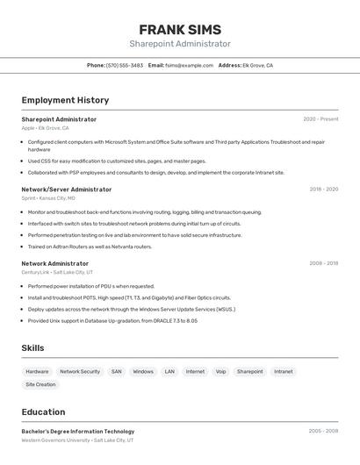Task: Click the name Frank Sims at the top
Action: pyautogui.click(x=180, y=29)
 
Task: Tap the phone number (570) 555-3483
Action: pyautogui.click(x=125, y=65)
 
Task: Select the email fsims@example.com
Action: pyautogui.click(x=190, y=65)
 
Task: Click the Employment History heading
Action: pyautogui.click(x=65, y=100)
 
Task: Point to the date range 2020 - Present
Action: pyautogui.click(x=320, y=118)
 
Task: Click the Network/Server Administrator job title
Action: pyautogui.click(x=67, y=189)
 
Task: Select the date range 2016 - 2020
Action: pyautogui.click(x=323, y=189)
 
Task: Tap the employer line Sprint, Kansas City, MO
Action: pyautogui.click(x=48, y=198)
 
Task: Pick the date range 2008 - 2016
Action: pyautogui.click(x=323, y=263)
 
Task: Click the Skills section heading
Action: pyautogui.click(x=32, y=348)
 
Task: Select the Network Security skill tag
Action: pyautogui.click(x=80, y=371)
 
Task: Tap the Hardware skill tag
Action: pyautogui.click(x=37, y=371)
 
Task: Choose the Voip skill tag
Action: pyautogui.click(x=220, y=371)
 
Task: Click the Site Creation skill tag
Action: pyautogui.click(x=40, y=384)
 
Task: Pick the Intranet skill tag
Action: pyautogui.click(x=283, y=371)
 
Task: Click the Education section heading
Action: pyautogui.click(x=43, y=411)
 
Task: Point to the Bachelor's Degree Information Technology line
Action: pyautogui.click(x=78, y=431)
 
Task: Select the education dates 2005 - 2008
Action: pyautogui.click(x=323, y=431)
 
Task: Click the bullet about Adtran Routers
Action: pyautogui.click(x=77, y=247)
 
